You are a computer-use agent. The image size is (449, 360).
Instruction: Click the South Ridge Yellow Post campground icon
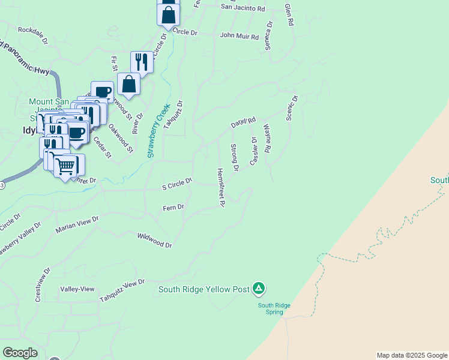(258, 289)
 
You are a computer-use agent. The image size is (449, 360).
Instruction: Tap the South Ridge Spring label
(274, 308)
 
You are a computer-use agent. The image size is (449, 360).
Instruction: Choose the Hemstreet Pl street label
(220, 187)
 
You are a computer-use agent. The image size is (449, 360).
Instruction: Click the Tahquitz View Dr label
(122, 291)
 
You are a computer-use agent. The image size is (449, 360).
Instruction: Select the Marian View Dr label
(77, 226)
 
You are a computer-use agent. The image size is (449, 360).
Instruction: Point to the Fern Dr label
(173, 208)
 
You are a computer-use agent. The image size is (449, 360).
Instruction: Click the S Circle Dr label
(177, 184)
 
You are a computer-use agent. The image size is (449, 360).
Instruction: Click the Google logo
(20, 353)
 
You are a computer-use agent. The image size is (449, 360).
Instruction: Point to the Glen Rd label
(289, 14)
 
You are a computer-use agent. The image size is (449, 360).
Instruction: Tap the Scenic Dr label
(292, 107)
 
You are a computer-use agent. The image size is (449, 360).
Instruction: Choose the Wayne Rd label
(267, 139)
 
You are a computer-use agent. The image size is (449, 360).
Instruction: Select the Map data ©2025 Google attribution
(412, 355)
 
